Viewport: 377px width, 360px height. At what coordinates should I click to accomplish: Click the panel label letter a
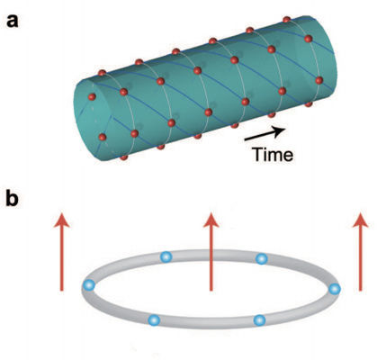tap(13, 22)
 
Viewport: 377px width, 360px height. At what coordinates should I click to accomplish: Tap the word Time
tap(273, 155)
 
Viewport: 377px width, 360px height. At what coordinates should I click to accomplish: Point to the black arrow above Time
tap(265, 134)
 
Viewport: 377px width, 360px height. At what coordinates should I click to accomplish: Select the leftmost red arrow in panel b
tap(62, 252)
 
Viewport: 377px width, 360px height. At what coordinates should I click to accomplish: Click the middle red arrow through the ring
tap(211, 252)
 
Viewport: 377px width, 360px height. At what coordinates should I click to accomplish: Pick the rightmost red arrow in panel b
tap(360, 252)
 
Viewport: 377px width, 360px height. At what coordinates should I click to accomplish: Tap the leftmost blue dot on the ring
tap(89, 285)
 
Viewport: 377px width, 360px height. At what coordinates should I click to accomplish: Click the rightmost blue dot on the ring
tap(335, 289)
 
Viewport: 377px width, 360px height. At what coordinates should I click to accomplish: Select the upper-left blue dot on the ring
tap(166, 257)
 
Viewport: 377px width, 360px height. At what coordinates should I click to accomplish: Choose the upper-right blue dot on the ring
tap(262, 258)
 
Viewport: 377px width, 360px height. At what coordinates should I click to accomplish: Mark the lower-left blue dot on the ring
tap(154, 320)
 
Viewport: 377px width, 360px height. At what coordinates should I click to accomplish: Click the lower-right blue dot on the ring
tap(259, 320)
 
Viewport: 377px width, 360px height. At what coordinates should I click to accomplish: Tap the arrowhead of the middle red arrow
tap(211, 220)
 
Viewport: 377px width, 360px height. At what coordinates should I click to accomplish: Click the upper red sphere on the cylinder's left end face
tap(92, 97)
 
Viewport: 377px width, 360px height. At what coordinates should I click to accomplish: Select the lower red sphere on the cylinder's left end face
tap(103, 137)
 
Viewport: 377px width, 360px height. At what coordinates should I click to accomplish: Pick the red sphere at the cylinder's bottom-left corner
tap(124, 157)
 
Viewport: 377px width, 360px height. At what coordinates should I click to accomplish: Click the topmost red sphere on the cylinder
tap(287, 20)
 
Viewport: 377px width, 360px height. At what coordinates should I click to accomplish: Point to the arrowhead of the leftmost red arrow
tap(62, 220)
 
